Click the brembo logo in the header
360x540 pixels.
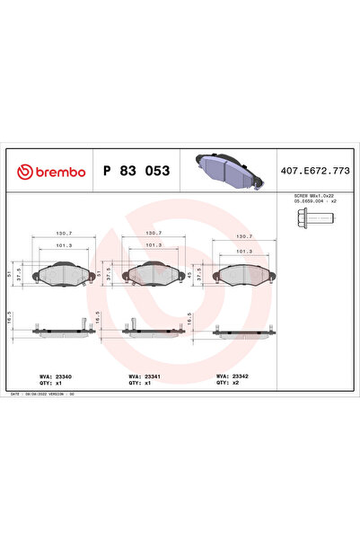click(47, 171)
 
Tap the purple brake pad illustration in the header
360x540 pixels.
click(227, 169)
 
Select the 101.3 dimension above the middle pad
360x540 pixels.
click(153, 244)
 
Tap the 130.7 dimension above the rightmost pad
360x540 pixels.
click(242, 236)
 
